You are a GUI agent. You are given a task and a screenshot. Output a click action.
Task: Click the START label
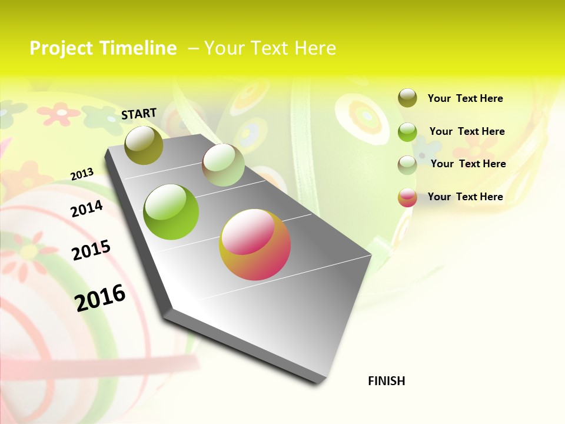139,114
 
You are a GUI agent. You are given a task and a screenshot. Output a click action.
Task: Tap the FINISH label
387,381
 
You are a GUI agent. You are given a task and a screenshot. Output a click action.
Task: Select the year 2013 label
82,174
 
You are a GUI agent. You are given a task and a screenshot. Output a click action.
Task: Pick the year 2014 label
87,208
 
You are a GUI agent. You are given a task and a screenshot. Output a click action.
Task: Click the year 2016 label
101,297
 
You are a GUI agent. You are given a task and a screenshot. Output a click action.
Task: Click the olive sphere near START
144,145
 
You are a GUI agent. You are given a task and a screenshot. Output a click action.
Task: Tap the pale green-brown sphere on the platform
223,165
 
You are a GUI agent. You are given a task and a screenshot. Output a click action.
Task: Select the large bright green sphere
171,212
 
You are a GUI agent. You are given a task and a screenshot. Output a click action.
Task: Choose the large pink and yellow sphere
255,244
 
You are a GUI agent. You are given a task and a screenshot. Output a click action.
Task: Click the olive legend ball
407,98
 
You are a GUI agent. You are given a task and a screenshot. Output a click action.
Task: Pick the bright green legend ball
407,132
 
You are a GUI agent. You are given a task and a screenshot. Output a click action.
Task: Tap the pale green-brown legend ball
407,165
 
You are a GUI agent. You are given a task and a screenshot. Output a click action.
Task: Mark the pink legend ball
407,197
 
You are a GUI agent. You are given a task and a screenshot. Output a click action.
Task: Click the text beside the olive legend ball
465,99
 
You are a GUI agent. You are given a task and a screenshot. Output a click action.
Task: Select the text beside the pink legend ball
465,197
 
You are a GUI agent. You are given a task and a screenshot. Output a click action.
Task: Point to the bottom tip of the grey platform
318,383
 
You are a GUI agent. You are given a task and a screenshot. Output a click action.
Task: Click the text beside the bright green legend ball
467,131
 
